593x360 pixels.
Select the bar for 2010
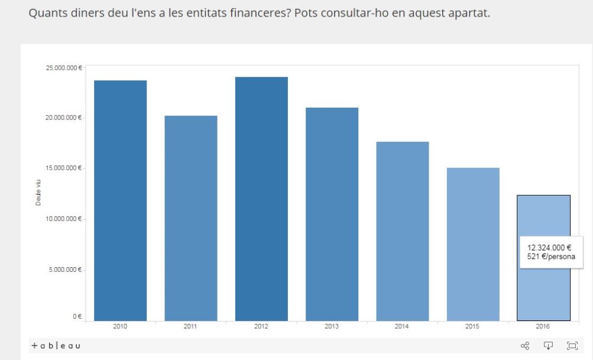coord(120,201)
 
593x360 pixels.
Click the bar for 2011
coord(190,219)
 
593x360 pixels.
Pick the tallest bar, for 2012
coord(261,199)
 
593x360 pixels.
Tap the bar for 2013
coord(332,215)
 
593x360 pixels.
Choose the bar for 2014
coord(403,232)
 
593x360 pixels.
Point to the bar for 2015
coord(473,245)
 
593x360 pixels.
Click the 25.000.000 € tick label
coord(63,68)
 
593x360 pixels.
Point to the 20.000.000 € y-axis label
coord(63,118)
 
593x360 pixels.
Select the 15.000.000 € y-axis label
coord(63,168)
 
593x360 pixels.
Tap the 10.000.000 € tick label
coord(63,219)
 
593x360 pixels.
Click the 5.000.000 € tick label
coord(64,270)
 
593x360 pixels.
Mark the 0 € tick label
coord(77,317)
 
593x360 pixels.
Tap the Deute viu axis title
coord(38,193)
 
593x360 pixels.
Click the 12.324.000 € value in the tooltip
coord(549,248)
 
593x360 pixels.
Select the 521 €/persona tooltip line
coord(550,257)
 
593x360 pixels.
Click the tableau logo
coord(56,346)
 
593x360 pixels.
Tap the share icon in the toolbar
coord(524,346)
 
